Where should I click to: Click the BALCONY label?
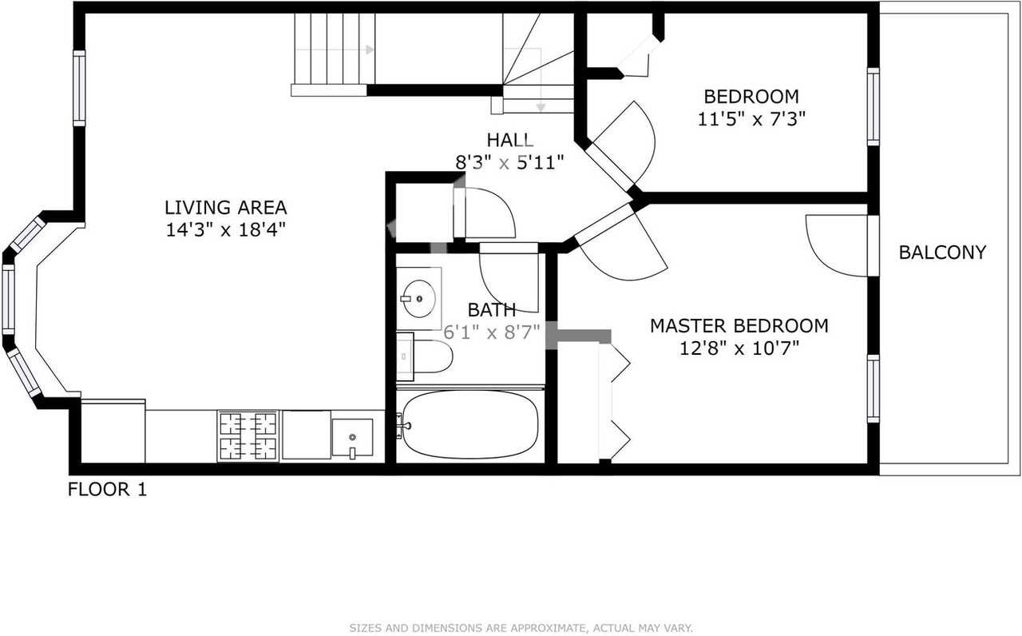(x=942, y=252)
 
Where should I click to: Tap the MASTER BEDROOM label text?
(x=739, y=326)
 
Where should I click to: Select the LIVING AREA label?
(x=225, y=208)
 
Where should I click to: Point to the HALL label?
(x=510, y=140)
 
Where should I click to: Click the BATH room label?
(x=492, y=309)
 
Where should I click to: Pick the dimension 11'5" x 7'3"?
(x=751, y=119)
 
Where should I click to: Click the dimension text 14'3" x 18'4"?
(x=225, y=230)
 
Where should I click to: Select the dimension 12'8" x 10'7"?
(x=739, y=348)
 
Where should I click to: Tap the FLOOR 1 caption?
(x=107, y=489)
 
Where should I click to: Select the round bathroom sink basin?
(x=420, y=299)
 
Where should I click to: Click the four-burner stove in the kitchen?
(x=248, y=436)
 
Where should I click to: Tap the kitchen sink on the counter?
(x=352, y=438)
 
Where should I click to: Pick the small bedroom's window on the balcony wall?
(x=873, y=107)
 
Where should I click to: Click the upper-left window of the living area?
(x=79, y=88)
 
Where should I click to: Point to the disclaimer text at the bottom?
(x=521, y=628)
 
